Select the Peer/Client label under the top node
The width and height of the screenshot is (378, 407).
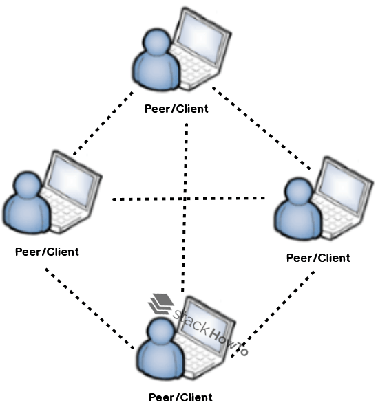(x=176, y=109)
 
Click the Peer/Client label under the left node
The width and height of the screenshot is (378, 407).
(x=47, y=252)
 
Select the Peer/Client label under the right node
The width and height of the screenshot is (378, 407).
(x=317, y=258)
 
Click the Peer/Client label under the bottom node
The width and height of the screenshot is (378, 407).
(x=180, y=397)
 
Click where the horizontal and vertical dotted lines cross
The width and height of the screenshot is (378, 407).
(x=185, y=199)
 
